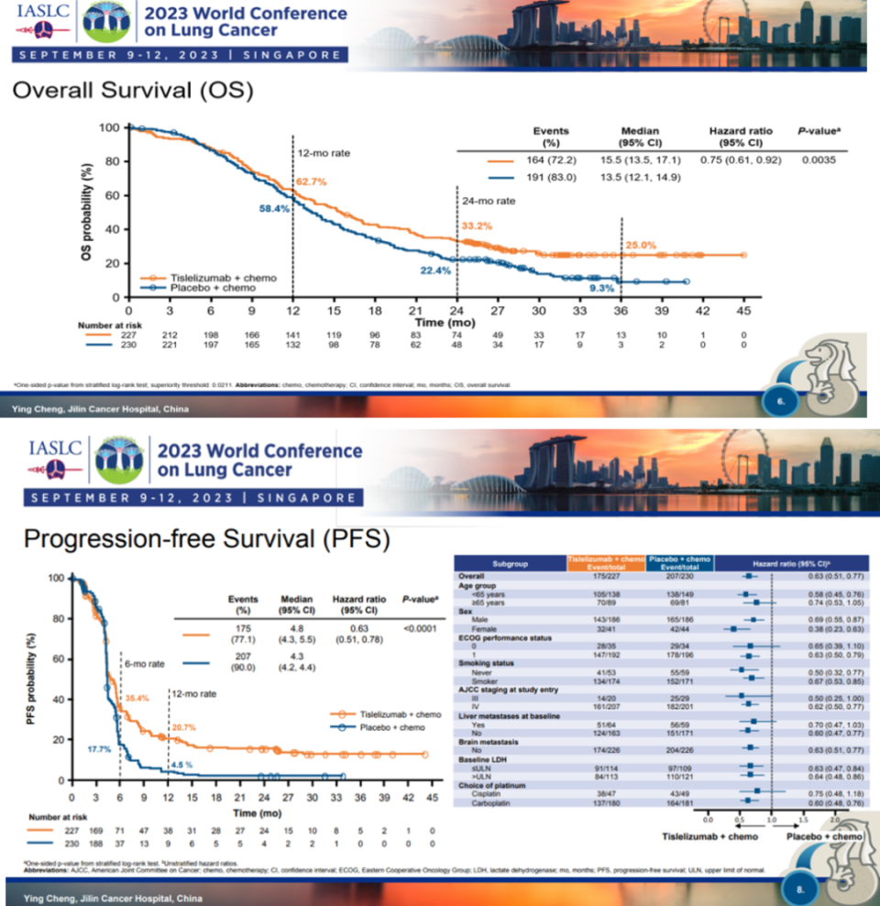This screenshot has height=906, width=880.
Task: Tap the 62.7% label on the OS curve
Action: point(310,182)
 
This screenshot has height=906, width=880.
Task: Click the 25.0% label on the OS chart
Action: point(642,245)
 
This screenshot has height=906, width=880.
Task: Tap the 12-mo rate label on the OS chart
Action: point(324,152)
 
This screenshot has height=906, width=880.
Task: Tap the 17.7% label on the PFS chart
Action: point(98,749)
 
